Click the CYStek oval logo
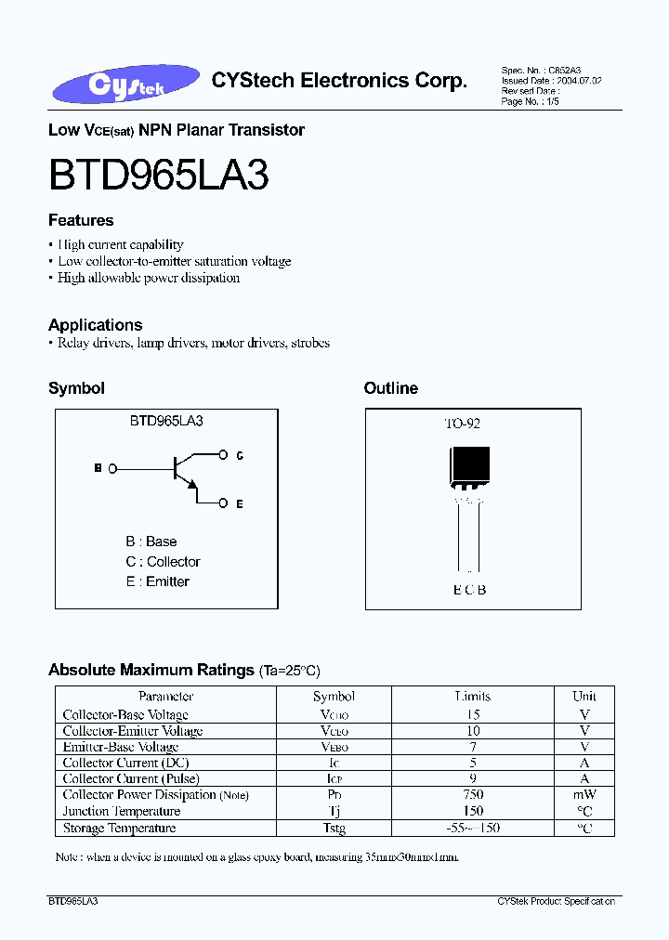126,85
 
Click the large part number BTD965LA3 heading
159,174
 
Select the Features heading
81,220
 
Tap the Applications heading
95,325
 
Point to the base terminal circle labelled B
112,469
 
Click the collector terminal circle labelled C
223,455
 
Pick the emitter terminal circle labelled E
223,503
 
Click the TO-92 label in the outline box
462,424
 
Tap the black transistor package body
470,465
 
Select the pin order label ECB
469,590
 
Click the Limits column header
473,696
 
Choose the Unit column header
584,696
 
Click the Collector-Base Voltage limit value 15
473,714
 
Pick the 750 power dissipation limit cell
473,795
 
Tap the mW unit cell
584,795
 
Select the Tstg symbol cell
334,828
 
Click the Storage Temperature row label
119,828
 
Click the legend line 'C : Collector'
163,562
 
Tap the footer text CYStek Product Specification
556,902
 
